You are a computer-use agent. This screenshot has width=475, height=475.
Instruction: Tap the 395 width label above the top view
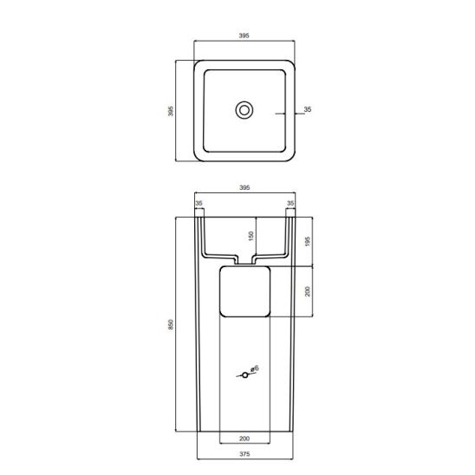(244, 36)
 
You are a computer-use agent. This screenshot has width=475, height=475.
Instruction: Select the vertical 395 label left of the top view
(171, 111)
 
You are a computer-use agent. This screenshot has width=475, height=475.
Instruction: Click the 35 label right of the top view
(308, 109)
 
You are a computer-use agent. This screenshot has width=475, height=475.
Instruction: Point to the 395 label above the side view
(244, 188)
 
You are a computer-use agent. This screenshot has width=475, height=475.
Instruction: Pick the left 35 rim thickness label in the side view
(198, 204)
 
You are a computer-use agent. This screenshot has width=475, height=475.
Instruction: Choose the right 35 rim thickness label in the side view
(290, 204)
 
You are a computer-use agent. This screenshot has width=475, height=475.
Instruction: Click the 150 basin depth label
(251, 236)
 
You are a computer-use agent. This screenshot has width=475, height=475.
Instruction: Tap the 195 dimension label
(308, 242)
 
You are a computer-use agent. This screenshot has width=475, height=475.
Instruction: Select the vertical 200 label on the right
(308, 291)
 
